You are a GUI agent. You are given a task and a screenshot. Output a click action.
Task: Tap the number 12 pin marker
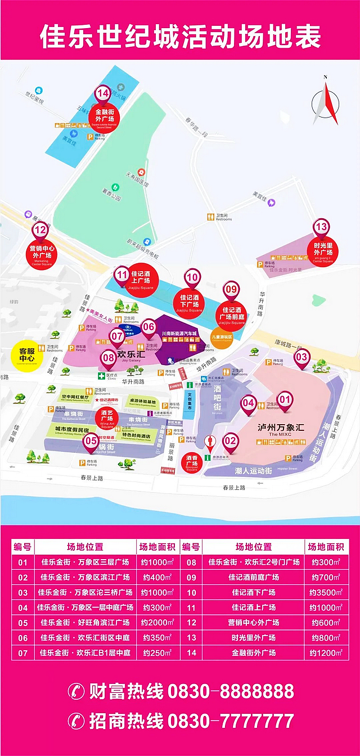[x=40, y=229]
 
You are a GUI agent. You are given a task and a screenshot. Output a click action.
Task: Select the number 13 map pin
[x=321, y=227]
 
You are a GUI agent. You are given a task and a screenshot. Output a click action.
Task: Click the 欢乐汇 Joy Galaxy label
[x=131, y=355]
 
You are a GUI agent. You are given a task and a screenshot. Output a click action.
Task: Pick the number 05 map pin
[x=90, y=441]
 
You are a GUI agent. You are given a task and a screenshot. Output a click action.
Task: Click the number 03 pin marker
[x=302, y=357]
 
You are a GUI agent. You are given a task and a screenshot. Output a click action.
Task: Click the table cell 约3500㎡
[x=326, y=592]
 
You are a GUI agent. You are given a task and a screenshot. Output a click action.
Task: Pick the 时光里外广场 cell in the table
[x=253, y=638]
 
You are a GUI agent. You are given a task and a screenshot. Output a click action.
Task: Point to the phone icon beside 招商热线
[x=76, y=721]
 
